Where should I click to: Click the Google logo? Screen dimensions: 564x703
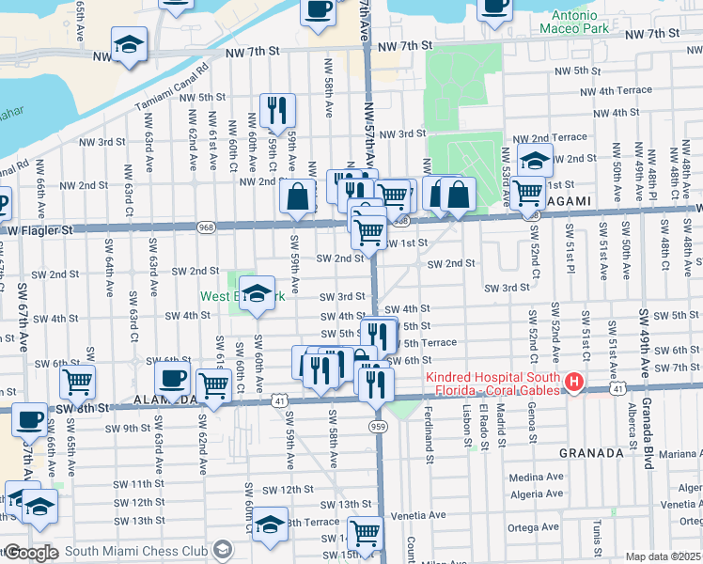point(31,553)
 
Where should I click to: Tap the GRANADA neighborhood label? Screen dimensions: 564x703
point(591,452)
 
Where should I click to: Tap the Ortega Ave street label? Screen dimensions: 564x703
point(535,527)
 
